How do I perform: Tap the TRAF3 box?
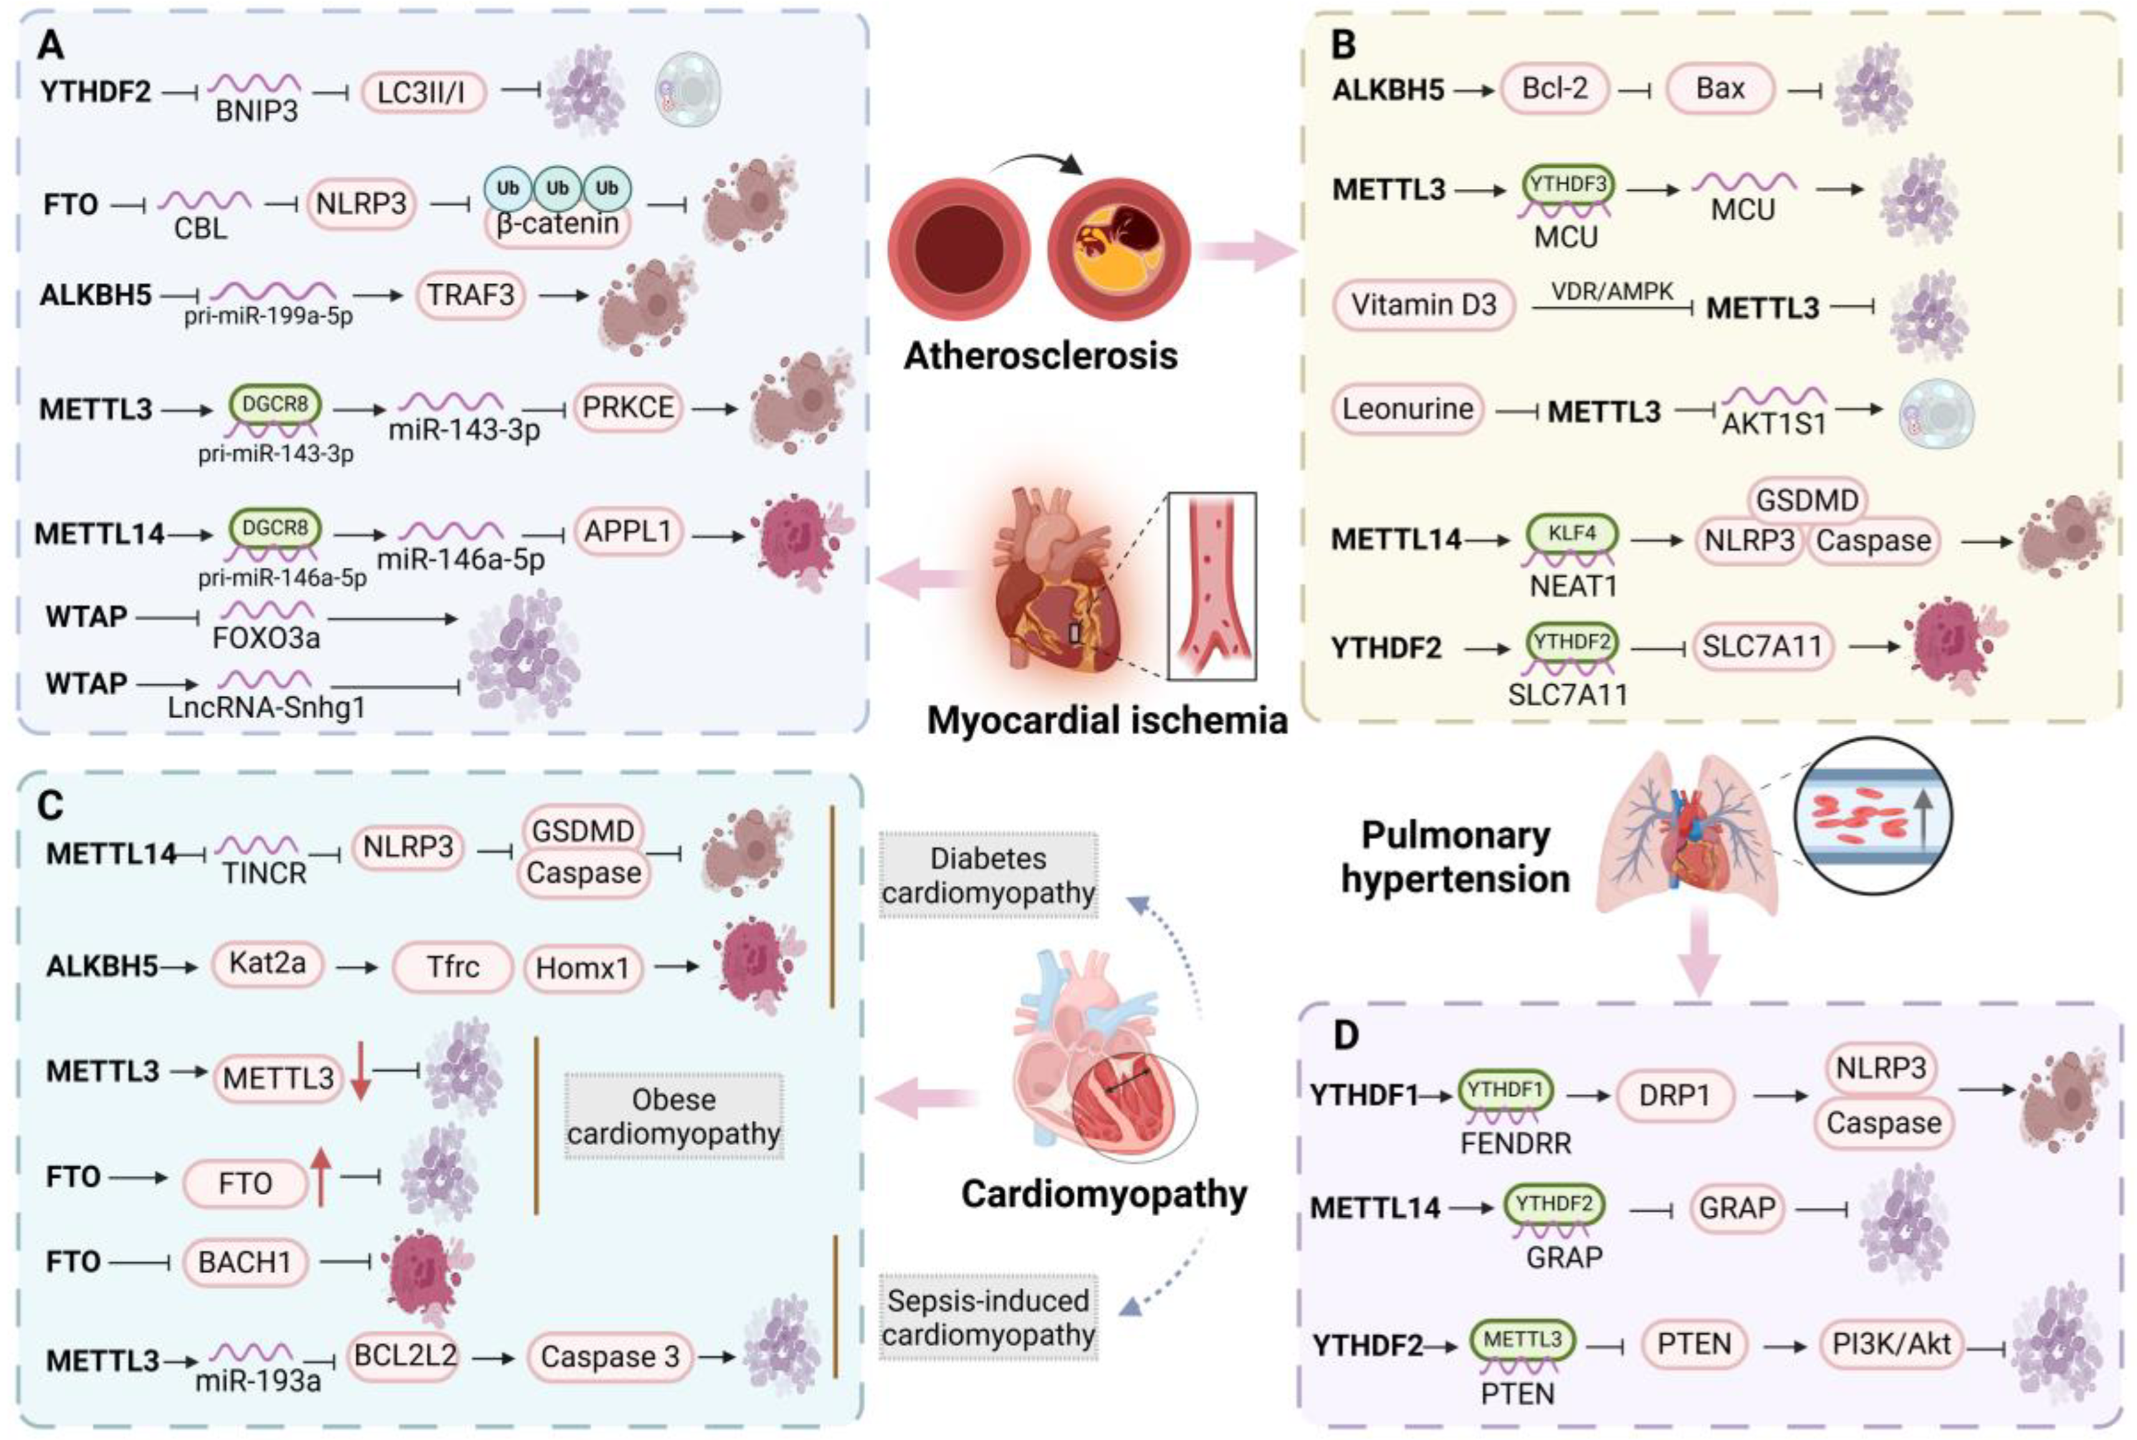click(471, 295)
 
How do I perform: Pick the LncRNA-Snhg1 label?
click(267, 708)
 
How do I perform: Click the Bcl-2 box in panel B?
click(1554, 89)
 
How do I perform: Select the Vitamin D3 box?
click(1423, 305)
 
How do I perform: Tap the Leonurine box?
click(1407, 409)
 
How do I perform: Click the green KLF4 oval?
click(1572, 532)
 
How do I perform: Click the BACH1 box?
click(244, 1262)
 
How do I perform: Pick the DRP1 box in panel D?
click(1675, 1096)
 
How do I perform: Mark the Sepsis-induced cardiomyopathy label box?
click(988, 1318)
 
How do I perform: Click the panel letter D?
click(1346, 1036)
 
